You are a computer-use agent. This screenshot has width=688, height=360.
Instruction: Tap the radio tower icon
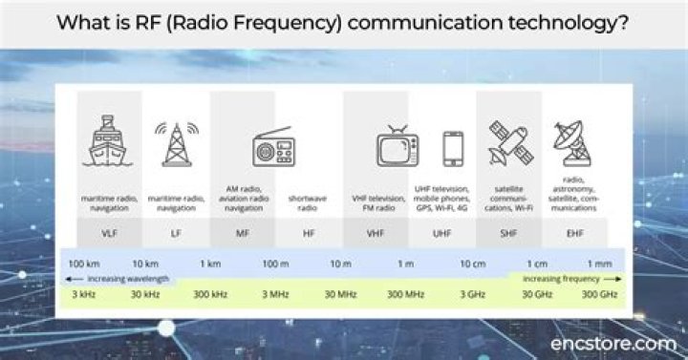(x=175, y=144)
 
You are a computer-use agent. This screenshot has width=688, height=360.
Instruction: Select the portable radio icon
(x=272, y=147)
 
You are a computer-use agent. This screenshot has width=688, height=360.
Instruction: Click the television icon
(x=396, y=147)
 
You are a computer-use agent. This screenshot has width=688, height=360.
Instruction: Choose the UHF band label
(x=442, y=231)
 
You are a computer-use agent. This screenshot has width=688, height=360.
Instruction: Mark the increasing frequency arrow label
(x=562, y=279)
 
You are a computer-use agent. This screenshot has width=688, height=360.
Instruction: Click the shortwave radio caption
(x=308, y=202)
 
